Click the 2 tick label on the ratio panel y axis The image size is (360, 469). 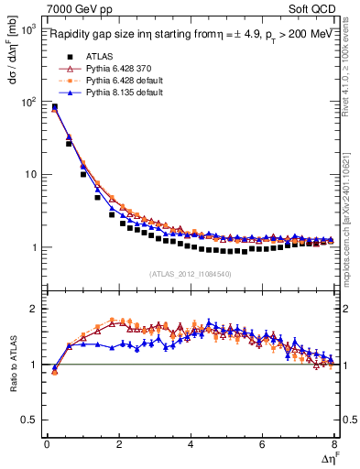point(35,310)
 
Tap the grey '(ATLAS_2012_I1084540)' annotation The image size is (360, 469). point(191,273)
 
